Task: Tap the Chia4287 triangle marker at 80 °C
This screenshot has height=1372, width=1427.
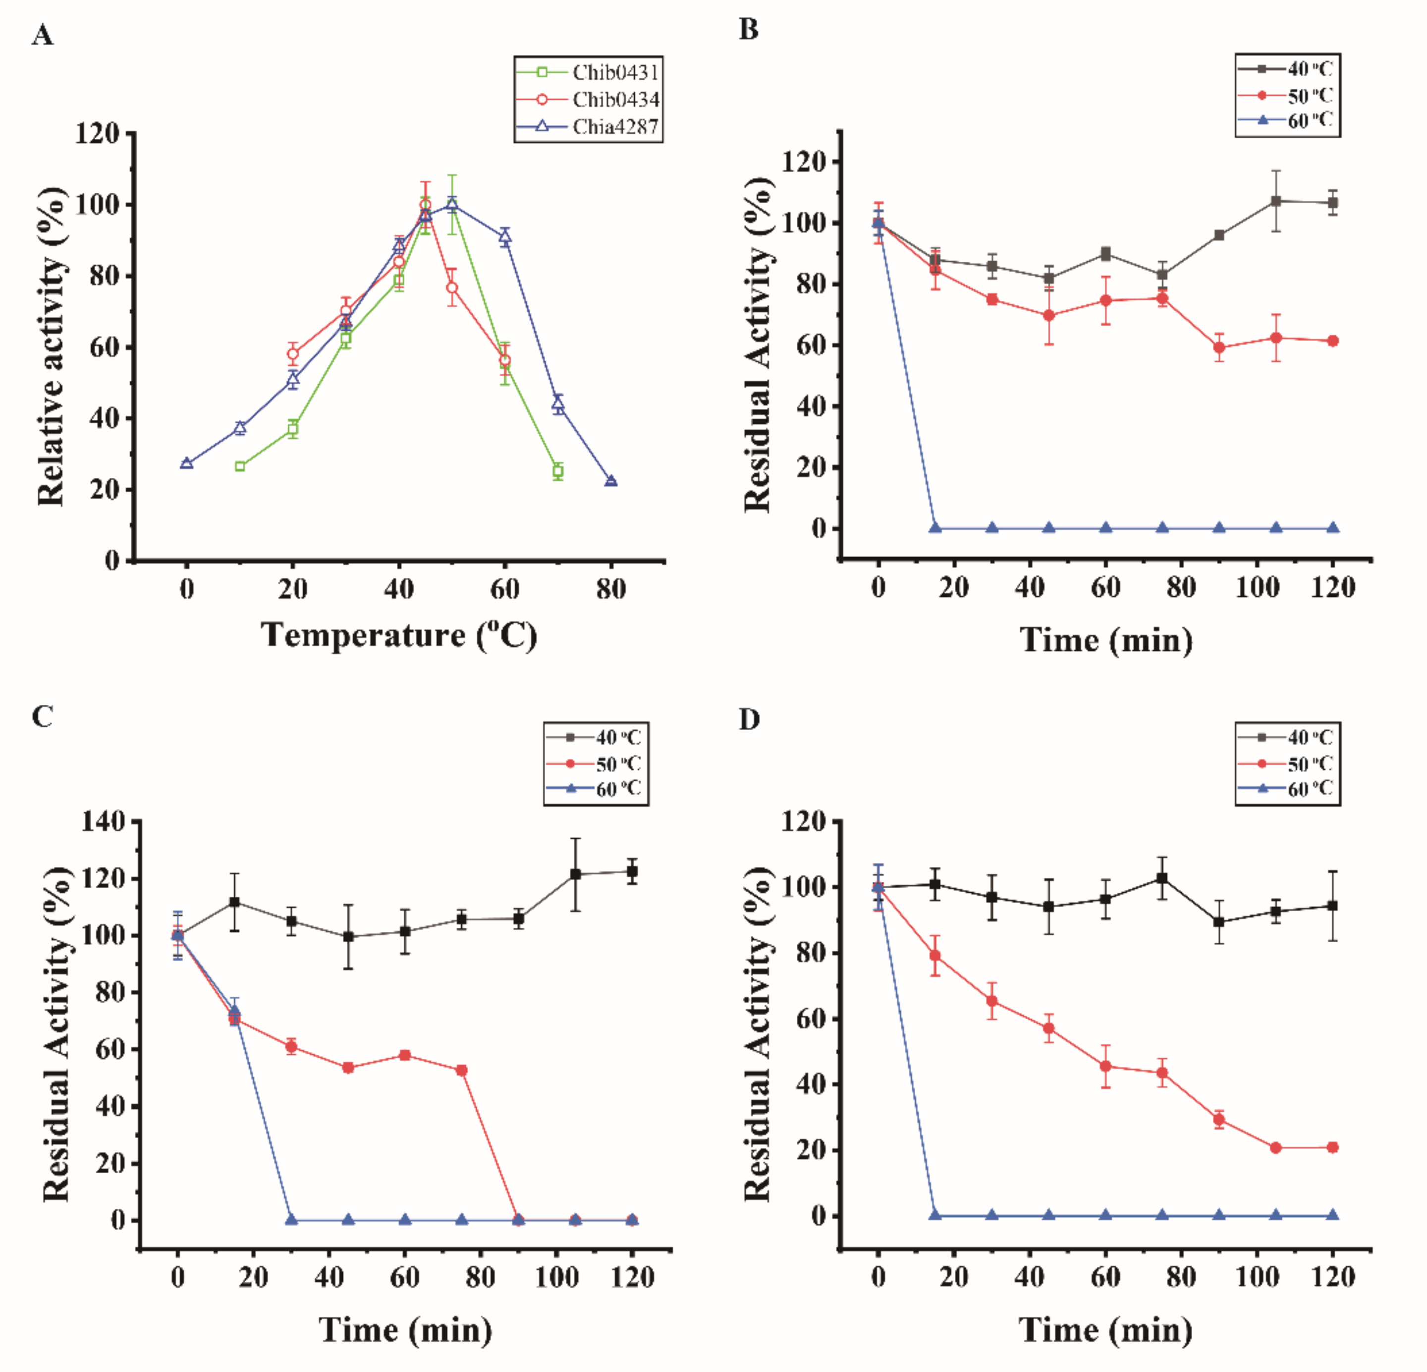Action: click(611, 481)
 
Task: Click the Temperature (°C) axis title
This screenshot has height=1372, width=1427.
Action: click(398, 635)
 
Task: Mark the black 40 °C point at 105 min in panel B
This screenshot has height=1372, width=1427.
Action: click(1275, 201)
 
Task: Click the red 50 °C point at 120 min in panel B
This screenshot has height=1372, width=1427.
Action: click(1332, 341)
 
